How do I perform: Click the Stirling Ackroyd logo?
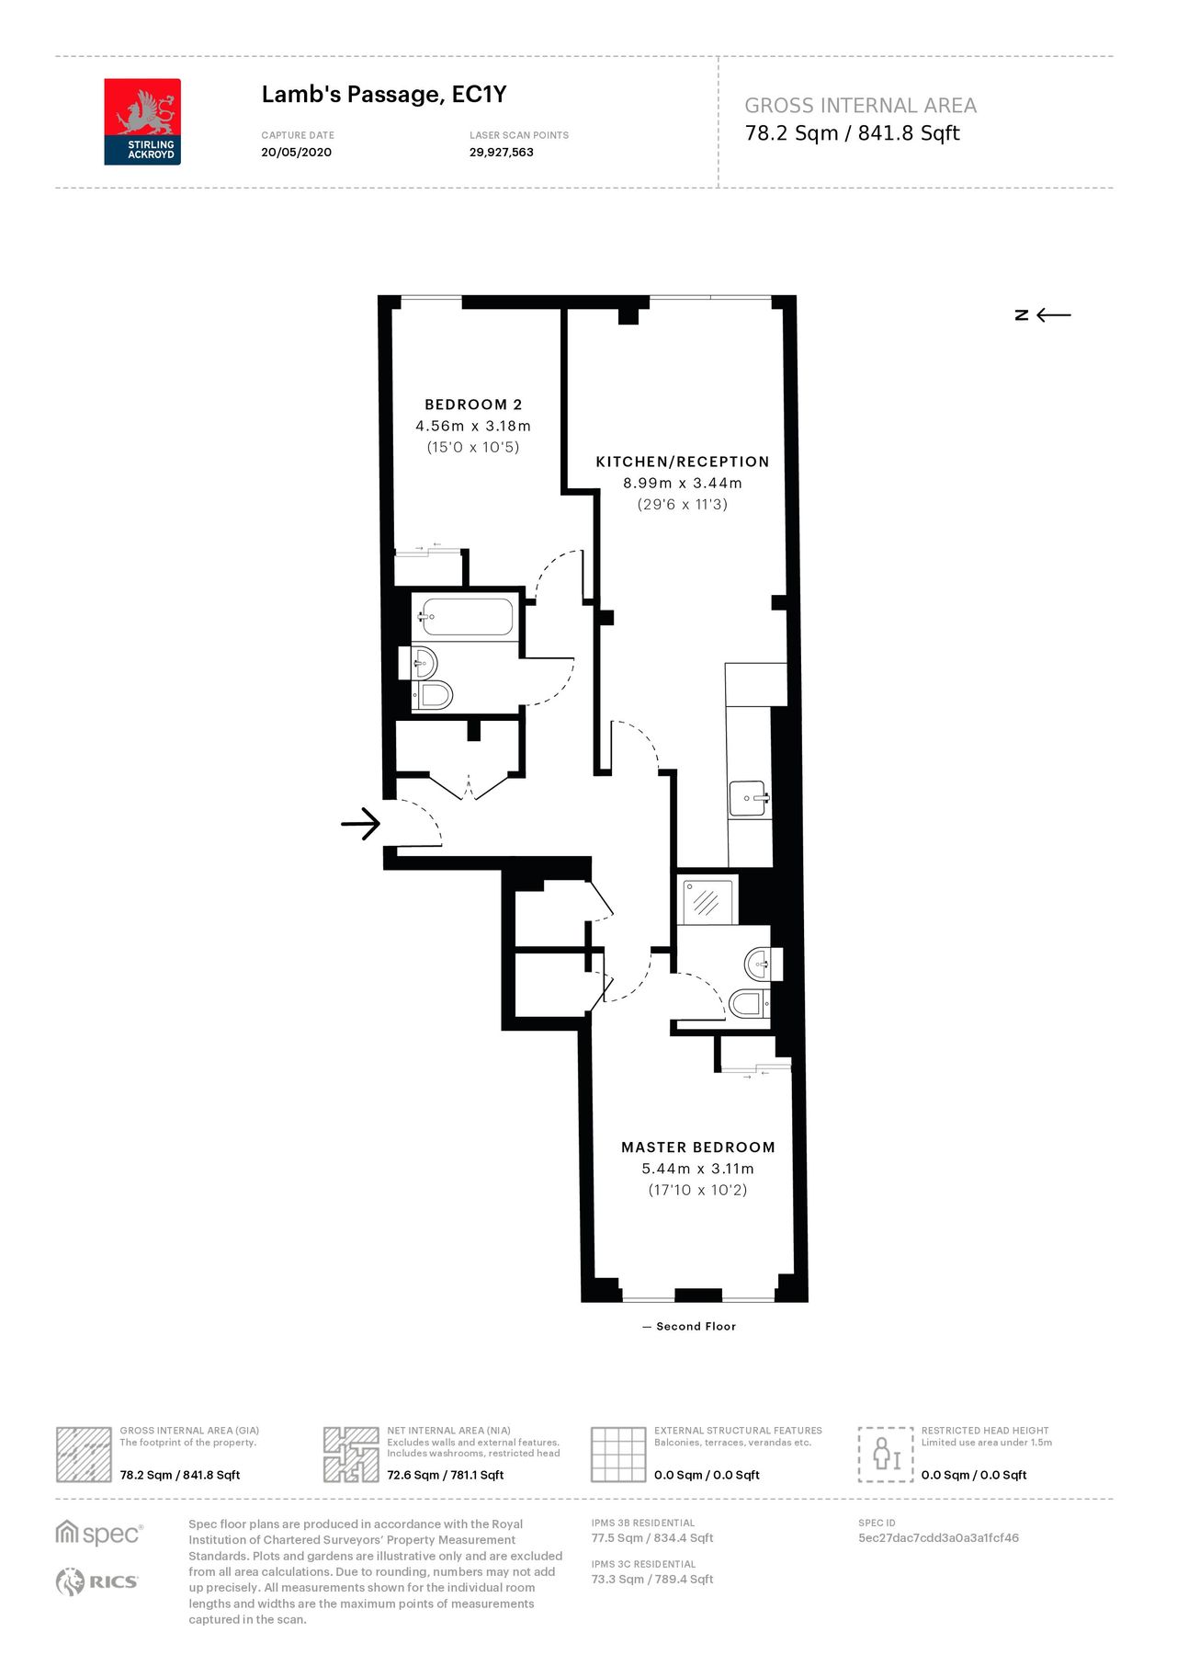(x=142, y=121)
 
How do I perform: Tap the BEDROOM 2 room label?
(x=473, y=405)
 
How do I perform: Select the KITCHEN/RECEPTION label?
(x=682, y=462)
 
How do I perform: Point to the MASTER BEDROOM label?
(x=698, y=1147)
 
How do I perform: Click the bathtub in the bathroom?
(x=467, y=617)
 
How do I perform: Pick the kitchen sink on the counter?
(x=749, y=798)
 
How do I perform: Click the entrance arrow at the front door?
(x=360, y=824)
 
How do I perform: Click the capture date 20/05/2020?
(x=296, y=153)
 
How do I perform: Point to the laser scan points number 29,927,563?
(x=501, y=153)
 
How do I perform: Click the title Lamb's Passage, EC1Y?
(x=384, y=95)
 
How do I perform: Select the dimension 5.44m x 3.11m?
(x=697, y=1169)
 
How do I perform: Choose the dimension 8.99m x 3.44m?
(x=682, y=483)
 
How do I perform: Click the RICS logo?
(x=97, y=1581)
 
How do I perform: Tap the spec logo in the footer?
(x=99, y=1534)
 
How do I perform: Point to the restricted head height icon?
(x=885, y=1455)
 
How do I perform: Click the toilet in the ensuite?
(x=748, y=1002)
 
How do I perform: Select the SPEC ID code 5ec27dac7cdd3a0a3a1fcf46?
(x=938, y=1537)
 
